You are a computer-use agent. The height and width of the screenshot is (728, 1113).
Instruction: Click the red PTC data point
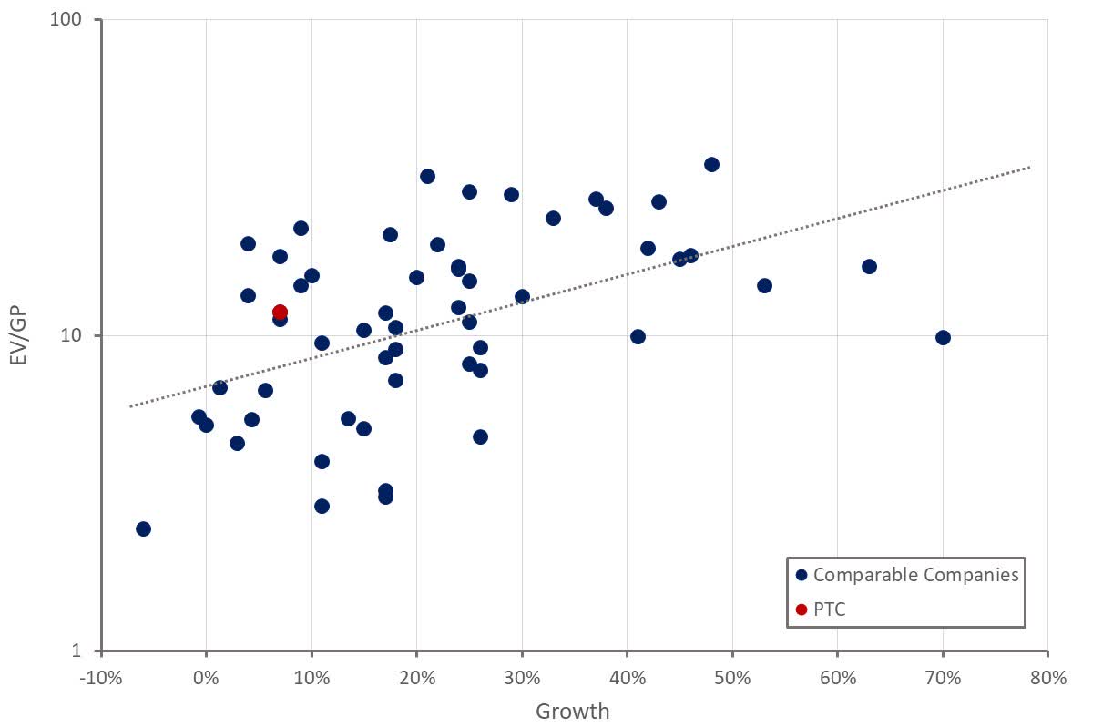tap(280, 313)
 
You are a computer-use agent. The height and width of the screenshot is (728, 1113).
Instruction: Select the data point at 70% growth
tap(943, 338)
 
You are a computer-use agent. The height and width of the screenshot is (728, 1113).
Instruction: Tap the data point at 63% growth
tap(869, 267)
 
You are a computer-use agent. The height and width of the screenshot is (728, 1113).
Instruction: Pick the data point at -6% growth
tap(143, 529)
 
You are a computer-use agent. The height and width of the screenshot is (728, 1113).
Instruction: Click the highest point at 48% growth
tap(711, 165)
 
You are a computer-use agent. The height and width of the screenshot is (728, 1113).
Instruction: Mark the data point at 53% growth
tap(764, 286)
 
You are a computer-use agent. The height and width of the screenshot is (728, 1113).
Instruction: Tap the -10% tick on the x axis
tap(100, 678)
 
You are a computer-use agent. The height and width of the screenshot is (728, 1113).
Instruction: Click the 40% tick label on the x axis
tap(627, 678)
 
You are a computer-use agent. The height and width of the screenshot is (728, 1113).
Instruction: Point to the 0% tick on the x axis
tap(206, 678)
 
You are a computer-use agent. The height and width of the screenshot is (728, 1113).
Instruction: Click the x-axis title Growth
tap(572, 712)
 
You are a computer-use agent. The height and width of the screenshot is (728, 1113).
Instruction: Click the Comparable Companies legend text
tap(915, 575)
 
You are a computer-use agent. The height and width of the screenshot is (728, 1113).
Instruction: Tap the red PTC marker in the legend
tap(801, 610)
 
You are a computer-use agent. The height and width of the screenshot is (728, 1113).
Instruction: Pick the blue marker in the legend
tap(801, 575)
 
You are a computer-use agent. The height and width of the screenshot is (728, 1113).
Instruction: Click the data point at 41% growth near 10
tap(638, 337)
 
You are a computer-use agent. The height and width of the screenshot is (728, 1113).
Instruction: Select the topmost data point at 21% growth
tap(427, 177)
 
